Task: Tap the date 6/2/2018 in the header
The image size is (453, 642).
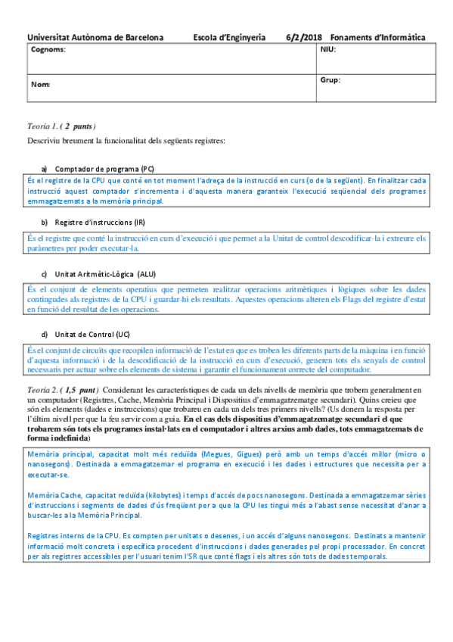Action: coord(305,37)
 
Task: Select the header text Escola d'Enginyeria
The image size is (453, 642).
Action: coord(229,37)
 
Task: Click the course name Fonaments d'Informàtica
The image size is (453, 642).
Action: coord(378,37)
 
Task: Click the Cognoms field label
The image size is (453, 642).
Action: coord(48,49)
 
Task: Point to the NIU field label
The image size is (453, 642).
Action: coord(328,49)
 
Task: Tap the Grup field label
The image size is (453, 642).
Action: coord(330,79)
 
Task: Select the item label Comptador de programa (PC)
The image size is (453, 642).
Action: coord(105,168)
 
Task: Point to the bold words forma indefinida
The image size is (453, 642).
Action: coord(58,438)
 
